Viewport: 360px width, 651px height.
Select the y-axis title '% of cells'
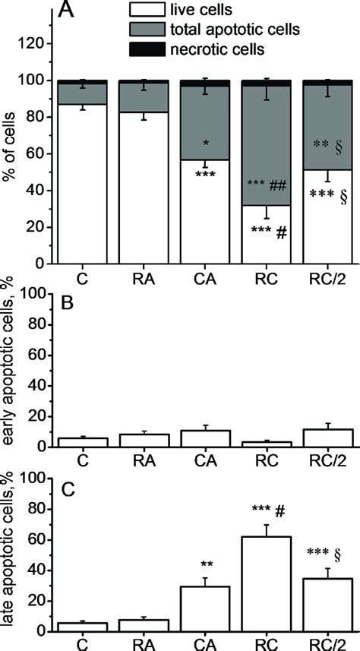click(x=11, y=152)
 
